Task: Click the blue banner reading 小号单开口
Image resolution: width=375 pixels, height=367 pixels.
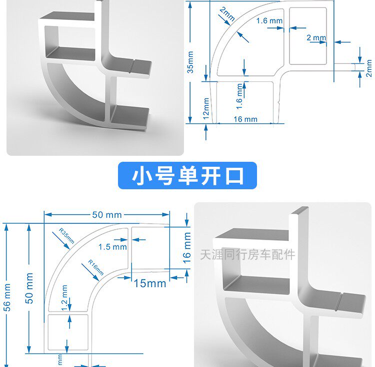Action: [x=187, y=176]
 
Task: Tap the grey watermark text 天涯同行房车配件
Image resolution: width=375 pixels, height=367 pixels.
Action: [x=247, y=255]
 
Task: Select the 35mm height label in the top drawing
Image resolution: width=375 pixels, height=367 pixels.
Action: [x=190, y=62]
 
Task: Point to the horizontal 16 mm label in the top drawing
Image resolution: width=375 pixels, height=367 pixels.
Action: [x=245, y=119]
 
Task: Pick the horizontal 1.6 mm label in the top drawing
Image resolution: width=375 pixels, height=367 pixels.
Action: [x=269, y=21]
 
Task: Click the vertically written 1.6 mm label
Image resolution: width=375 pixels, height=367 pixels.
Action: [x=239, y=96]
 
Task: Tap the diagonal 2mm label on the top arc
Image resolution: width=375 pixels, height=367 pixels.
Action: [x=226, y=14]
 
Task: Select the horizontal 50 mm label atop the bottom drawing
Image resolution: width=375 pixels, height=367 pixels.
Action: [x=106, y=215]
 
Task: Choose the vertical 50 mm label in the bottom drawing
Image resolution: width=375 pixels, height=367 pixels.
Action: [x=29, y=288]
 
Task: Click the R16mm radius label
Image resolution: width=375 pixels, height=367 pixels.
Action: [x=96, y=268]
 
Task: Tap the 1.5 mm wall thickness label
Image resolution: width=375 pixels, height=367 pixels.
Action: [x=112, y=247]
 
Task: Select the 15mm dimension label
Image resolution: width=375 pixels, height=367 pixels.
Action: [x=150, y=283]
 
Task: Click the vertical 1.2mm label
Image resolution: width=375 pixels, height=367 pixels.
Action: [x=64, y=299]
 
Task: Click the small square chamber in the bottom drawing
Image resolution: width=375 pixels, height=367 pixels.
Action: [x=68, y=332]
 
